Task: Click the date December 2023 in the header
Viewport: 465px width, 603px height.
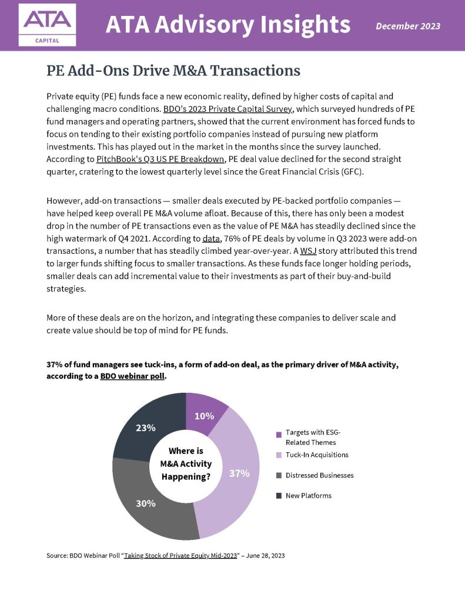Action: click(407, 26)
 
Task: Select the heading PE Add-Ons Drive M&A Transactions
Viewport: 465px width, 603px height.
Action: click(173, 71)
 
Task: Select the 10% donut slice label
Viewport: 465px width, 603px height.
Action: click(204, 416)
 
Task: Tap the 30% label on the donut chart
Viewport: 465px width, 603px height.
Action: click(146, 503)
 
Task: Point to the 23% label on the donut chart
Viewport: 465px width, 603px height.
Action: click(145, 428)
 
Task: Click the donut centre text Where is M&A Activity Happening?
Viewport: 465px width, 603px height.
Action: click(186, 463)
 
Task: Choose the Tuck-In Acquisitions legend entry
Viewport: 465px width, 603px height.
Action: click(316, 455)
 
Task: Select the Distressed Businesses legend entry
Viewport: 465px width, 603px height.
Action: click(319, 475)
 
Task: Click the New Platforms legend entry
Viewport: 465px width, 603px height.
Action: click(308, 495)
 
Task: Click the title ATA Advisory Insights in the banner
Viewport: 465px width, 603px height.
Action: click(228, 25)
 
